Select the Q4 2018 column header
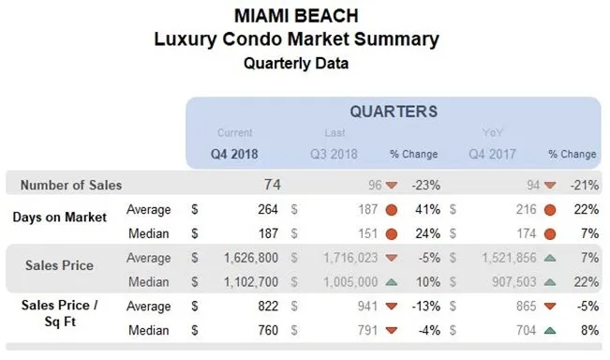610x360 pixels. click(233, 154)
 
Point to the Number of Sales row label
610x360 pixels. click(71, 185)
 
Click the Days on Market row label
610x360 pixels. click(59, 217)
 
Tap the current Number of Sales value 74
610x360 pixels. click(273, 185)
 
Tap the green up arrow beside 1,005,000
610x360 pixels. click(392, 279)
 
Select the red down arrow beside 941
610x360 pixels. click(392, 304)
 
